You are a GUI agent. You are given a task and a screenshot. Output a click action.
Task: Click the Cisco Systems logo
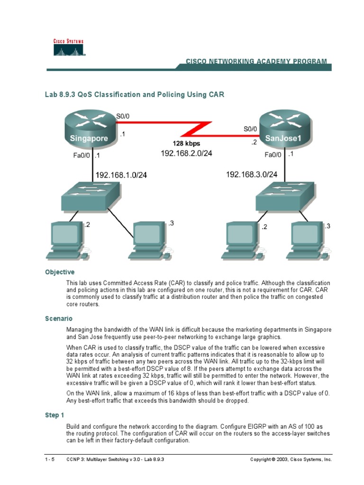tap(68, 48)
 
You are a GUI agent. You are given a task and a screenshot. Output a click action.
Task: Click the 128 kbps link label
tap(186, 143)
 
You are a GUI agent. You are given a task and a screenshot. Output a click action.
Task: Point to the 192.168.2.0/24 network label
tap(186, 153)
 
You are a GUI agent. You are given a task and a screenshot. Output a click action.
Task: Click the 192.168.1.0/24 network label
tap(121, 175)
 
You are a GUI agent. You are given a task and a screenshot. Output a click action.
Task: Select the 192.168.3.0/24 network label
tap(252, 174)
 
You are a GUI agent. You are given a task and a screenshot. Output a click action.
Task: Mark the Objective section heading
tap(60, 272)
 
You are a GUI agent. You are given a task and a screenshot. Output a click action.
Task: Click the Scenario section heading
tap(59, 319)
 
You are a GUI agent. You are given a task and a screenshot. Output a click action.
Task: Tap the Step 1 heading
tap(55, 415)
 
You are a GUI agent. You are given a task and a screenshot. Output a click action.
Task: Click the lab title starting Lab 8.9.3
tap(134, 95)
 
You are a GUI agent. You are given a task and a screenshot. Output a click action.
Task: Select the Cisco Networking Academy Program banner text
tap(256, 62)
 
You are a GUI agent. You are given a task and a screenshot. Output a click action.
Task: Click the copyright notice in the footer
tap(291, 459)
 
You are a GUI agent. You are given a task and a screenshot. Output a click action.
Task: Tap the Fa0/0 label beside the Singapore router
tap(82, 155)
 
